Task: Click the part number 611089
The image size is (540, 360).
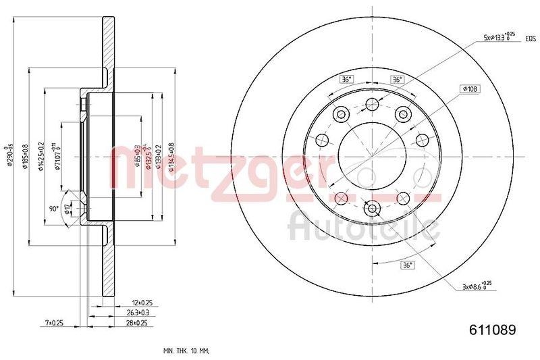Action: [492, 330]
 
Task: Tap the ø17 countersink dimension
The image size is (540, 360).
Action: [67, 210]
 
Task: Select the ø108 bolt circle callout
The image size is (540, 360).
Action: [470, 88]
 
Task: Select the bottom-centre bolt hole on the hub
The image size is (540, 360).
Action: [371, 209]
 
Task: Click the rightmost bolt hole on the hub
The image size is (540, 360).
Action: [423, 140]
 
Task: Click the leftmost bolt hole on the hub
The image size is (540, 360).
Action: [321, 140]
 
